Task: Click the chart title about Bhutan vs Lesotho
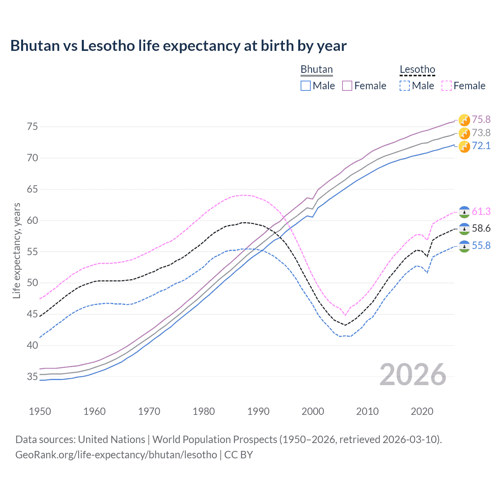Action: pyautogui.click(x=178, y=46)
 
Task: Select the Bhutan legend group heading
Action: pyautogui.click(x=316, y=69)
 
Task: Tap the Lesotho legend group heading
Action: pyautogui.click(x=417, y=69)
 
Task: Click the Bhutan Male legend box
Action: pyautogui.click(x=306, y=86)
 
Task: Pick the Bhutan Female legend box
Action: pyautogui.click(x=347, y=86)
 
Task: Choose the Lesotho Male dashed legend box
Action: pyautogui.click(x=405, y=86)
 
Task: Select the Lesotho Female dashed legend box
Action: pyautogui.click(x=446, y=86)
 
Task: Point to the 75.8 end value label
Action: pyautogui.click(x=481, y=119)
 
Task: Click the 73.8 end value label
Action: pyautogui.click(x=481, y=133)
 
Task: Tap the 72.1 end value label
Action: pyautogui.click(x=481, y=146)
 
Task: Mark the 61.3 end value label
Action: pyautogui.click(x=481, y=212)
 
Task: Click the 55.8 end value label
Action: pyautogui.click(x=481, y=245)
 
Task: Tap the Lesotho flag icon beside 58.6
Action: pyautogui.click(x=464, y=229)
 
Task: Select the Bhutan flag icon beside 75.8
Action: pyautogui.click(x=464, y=120)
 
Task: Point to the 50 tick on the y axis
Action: pyautogui.click(x=32, y=283)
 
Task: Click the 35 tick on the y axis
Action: pyautogui.click(x=32, y=377)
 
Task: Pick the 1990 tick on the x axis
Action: pyautogui.click(x=258, y=411)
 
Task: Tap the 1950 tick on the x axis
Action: pyautogui.click(x=40, y=411)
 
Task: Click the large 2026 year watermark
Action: pyautogui.click(x=413, y=375)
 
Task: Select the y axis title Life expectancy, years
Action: pyautogui.click(x=16, y=250)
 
